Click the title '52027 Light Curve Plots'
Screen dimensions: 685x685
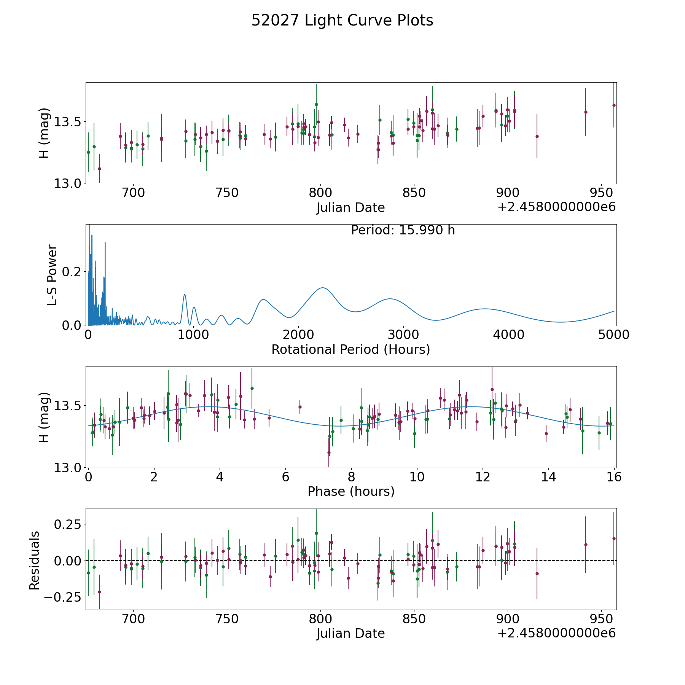pyautogui.click(x=342, y=21)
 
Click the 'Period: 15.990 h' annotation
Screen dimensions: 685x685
pyautogui.click(x=403, y=230)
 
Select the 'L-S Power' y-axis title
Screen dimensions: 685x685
pyautogui.click(x=52, y=275)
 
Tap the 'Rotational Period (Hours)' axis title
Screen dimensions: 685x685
pyautogui.click(x=350, y=349)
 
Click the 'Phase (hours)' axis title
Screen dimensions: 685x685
pyautogui.click(x=350, y=491)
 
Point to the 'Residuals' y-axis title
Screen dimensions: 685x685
pyautogui.click(x=35, y=560)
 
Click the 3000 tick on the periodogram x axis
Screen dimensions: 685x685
pyautogui.click(x=403, y=335)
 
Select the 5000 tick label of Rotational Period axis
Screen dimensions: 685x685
pyautogui.click(x=613, y=335)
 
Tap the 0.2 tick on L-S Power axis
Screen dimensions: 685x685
pyautogui.click(x=72, y=272)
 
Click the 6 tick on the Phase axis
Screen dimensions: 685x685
pyautogui.click(x=285, y=477)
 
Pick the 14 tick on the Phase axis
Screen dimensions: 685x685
pyautogui.click(x=548, y=477)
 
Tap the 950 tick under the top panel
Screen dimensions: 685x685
pyautogui.click(x=601, y=193)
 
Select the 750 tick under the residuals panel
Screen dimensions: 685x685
pyautogui.click(x=227, y=619)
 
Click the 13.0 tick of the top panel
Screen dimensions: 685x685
pyautogui.click(x=68, y=183)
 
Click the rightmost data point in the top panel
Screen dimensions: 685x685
pyautogui.click(x=613, y=105)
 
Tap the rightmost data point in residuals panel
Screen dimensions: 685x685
pyautogui.click(x=613, y=538)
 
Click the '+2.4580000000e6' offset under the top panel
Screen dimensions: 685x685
pyautogui.click(x=556, y=207)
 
